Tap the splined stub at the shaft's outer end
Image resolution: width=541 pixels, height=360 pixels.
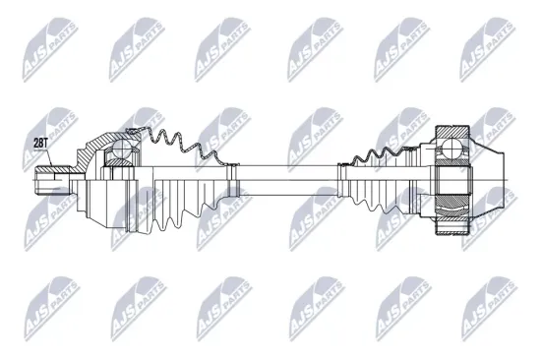(51, 180)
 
